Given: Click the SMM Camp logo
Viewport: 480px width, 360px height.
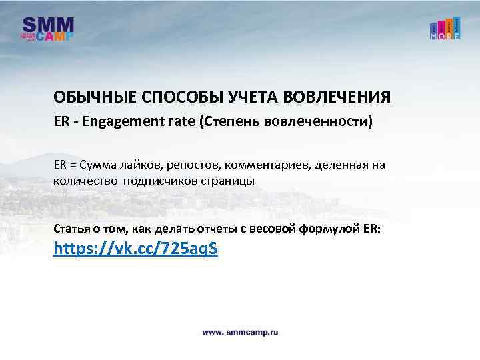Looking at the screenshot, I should pyautogui.click(x=48, y=29).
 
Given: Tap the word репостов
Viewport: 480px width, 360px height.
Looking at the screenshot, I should pyautogui.click(x=196, y=164).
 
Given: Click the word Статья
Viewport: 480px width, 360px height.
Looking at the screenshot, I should pyautogui.click(x=71, y=229).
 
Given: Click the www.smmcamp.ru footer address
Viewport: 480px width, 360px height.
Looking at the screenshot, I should pyautogui.click(x=240, y=331).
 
